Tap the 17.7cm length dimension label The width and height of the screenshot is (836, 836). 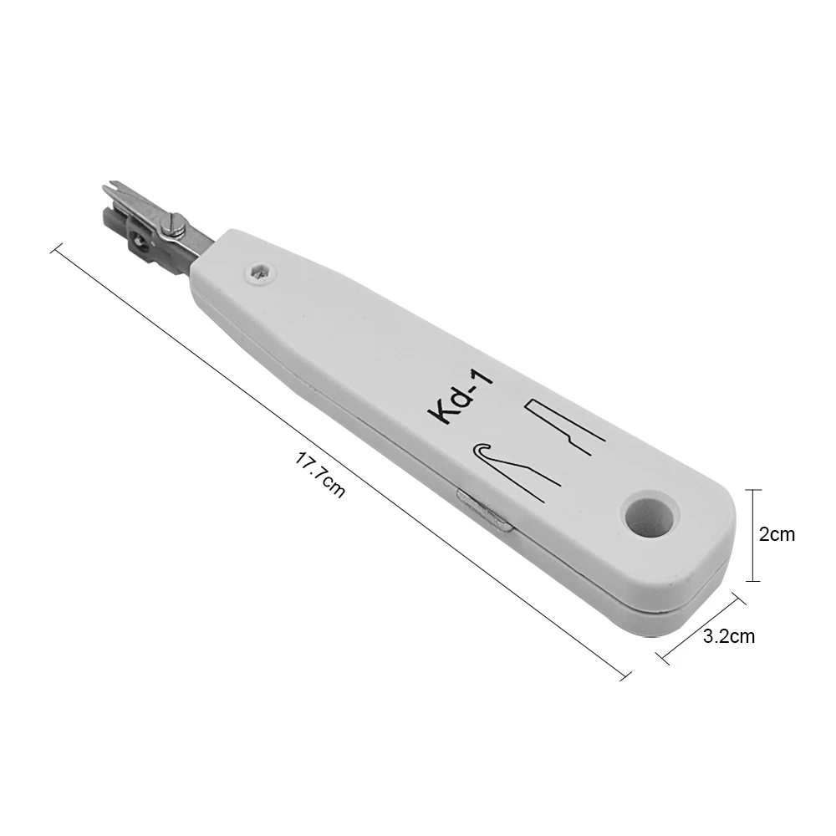tap(320, 474)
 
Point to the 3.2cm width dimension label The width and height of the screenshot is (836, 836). tap(729, 636)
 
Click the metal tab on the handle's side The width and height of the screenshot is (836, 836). tap(485, 512)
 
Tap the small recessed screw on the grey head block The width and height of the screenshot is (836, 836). tap(138, 242)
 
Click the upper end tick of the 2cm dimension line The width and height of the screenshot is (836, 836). tap(755, 490)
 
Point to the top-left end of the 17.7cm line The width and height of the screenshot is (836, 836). tap(56, 247)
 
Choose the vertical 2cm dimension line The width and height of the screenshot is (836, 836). tap(755, 535)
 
